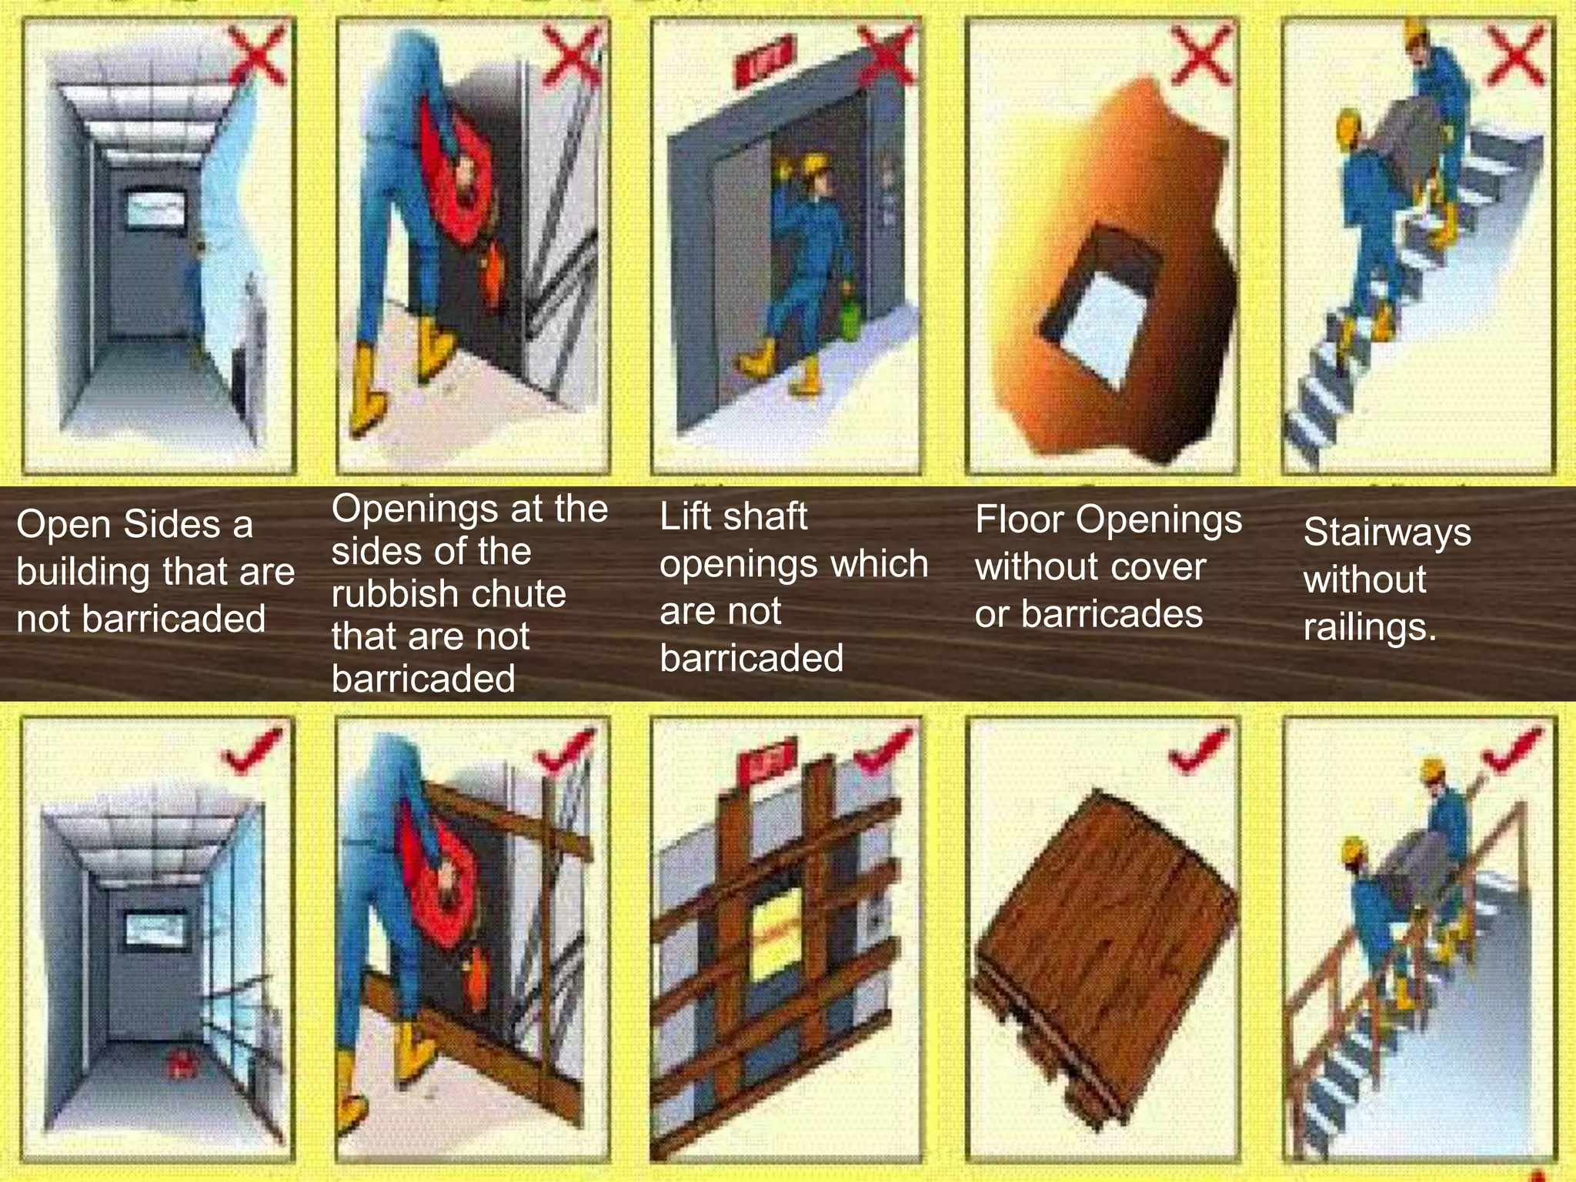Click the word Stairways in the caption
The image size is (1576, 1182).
(x=1387, y=532)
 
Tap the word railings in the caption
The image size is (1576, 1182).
(x=1369, y=627)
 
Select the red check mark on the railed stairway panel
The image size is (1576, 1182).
(x=1512, y=748)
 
